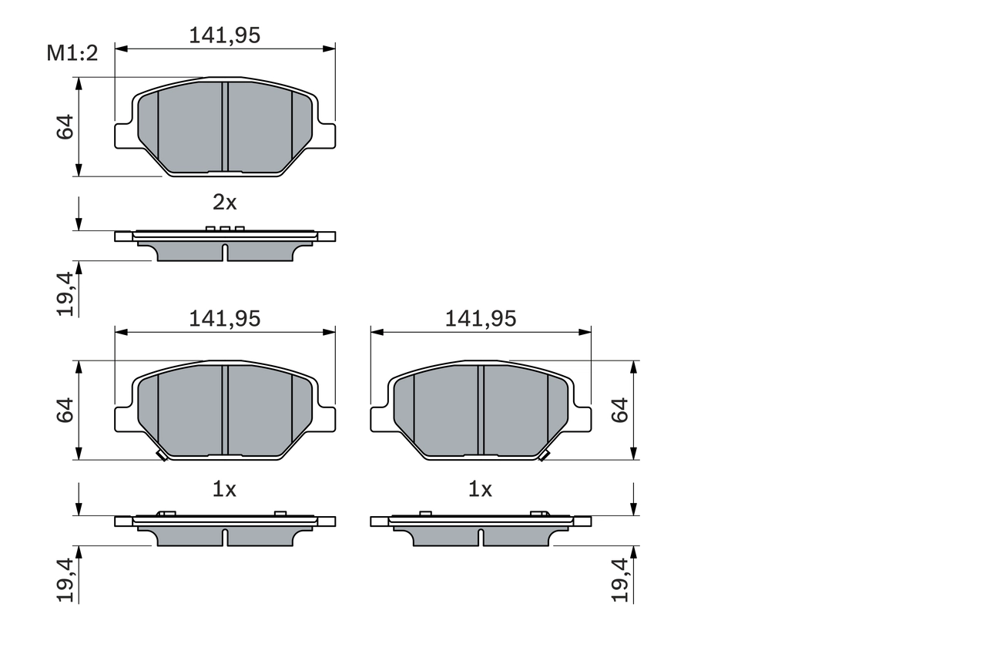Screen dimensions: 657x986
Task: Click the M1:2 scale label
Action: click(x=73, y=53)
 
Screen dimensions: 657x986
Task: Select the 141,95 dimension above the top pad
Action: click(x=225, y=35)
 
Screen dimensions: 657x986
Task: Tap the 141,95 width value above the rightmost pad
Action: click(x=481, y=318)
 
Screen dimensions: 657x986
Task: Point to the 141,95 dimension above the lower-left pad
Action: click(x=225, y=318)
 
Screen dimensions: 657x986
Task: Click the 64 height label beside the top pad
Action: click(x=65, y=127)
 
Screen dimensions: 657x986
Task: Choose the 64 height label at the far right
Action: click(x=620, y=410)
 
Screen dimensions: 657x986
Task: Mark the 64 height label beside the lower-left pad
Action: click(x=65, y=410)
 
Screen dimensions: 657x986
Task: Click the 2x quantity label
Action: click(x=224, y=203)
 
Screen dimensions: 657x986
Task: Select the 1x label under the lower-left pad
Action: click(x=224, y=488)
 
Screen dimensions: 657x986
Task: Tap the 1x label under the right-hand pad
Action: click(x=480, y=488)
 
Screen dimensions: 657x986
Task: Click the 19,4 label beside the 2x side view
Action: click(x=65, y=294)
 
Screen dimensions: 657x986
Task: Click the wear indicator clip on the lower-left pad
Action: click(x=161, y=456)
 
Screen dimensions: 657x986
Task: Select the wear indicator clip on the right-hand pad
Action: click(x=543, y=456)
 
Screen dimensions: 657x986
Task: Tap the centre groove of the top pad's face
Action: click(x=225, y=127)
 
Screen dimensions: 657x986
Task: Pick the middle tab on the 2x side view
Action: click(x=225, y=229)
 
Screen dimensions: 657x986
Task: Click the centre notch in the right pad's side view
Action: click(x=481, y=536)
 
